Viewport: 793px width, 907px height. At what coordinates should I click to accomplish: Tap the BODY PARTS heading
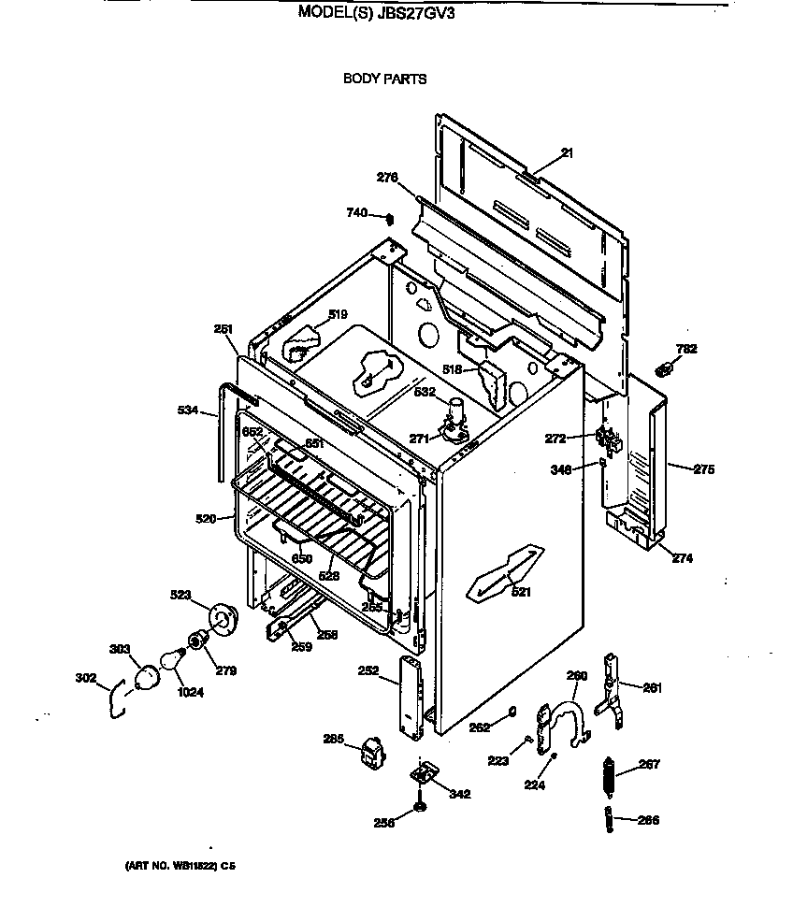pyautogui.click(x=384, y=79)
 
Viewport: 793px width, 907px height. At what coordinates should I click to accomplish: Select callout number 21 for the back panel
pyautogui.click(x=567, y=152)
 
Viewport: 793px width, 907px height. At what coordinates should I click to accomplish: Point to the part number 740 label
pyautogui.click(x=356, y=213)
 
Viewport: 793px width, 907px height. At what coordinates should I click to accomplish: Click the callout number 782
pyautogui.click(x=686, y=349)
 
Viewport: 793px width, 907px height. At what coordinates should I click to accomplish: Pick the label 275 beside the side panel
pyautogui.click(x=702, y=469)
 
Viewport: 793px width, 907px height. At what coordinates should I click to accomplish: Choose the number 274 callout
pyautogui.click(x=682, y=559)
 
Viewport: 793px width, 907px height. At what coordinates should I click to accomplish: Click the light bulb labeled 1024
pyautogui.click(x=171, y=660)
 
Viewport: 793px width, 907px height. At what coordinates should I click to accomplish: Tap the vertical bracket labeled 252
pyautogui.click(x=411, y=697)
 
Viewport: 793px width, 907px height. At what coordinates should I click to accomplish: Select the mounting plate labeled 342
pyautogui.click(x=425, y=775)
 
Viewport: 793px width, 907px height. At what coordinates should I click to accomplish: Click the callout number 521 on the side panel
pyautogui.click(x=520, y=591)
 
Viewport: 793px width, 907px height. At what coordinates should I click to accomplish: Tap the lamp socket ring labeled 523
pyautogui.click(x=222, y=618)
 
